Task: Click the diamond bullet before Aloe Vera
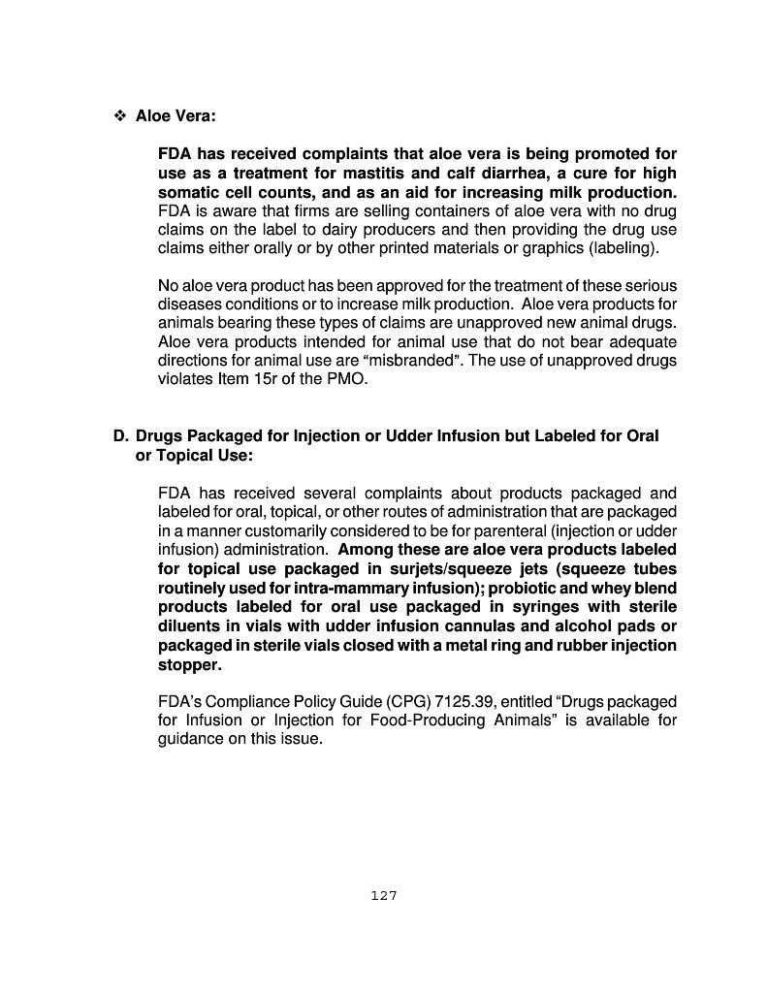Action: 121,116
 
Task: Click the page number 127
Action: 384,896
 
